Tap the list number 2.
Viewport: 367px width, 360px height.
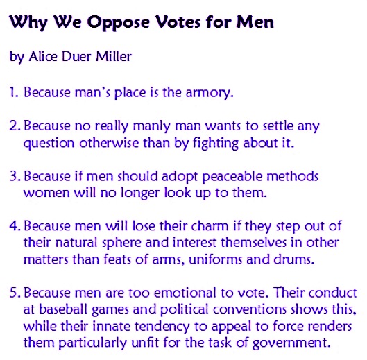(x=14, y=127)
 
